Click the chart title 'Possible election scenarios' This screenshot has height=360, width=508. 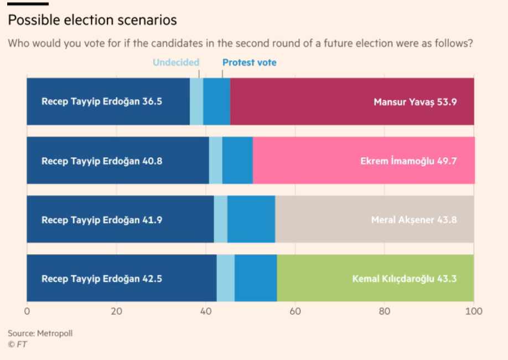[92, 20]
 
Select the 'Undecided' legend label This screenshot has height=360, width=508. [175, 63]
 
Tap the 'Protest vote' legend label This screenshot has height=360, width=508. [249, 63]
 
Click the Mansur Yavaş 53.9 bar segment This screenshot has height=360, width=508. [353, 101]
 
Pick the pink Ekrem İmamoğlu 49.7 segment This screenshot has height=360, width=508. [364, 160]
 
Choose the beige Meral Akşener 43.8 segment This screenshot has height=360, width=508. [374, 219]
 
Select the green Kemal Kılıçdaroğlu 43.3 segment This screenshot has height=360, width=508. [375, 278]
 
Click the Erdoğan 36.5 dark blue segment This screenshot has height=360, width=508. [108, 101]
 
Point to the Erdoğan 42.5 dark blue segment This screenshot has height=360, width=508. [122, 278]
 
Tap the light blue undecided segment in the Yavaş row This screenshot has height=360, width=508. [196, 101]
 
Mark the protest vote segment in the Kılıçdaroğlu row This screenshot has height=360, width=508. [256, 278]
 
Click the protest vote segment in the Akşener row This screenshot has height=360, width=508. [251, 219]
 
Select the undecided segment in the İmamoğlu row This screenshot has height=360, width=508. [216, 160]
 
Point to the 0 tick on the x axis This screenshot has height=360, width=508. [27, 311]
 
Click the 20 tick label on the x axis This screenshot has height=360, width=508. [116, 311]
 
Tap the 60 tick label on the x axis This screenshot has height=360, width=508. [295, 311]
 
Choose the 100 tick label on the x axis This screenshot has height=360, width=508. [474, 311]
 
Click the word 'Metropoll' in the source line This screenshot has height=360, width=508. [55, 333]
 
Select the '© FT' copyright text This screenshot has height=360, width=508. [17, 344]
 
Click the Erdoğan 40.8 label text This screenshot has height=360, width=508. [102, 161]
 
